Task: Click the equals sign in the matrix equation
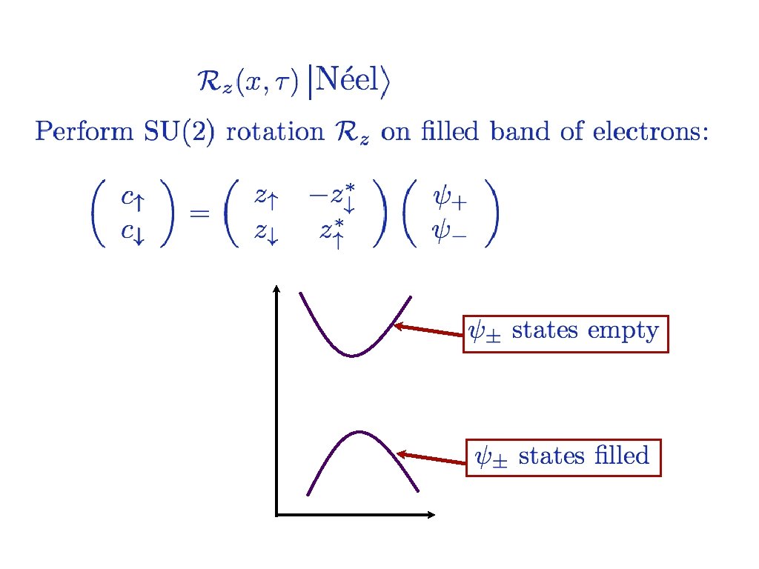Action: (x=199, y=214)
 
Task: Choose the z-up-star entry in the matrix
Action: (x=331, y=233)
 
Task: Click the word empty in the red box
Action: (x=622, y=330)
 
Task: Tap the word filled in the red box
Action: (x=621, y=455)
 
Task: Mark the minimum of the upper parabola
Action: (x=353, y=356)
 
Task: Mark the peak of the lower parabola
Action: (x=359, y=431)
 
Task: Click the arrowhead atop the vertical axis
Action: (x=276, y=290)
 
